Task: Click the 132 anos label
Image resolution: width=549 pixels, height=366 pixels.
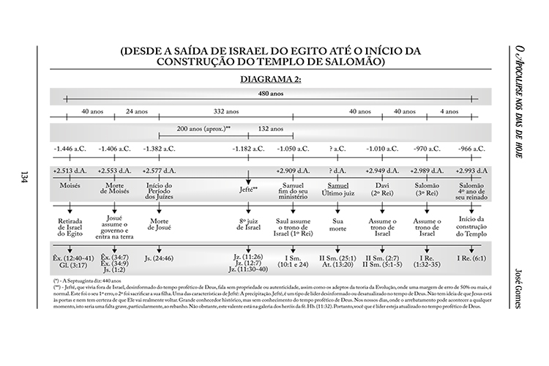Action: [x=272, y=127]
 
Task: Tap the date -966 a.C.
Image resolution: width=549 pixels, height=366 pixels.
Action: [x=471, y=149]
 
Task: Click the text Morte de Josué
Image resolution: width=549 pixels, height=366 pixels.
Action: [x=159, y=224]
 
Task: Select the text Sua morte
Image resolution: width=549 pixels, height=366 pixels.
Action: [x=338, y=223]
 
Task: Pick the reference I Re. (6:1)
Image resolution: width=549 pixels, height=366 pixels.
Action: [x=471, y=257]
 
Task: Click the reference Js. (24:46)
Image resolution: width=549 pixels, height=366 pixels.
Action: [x=159, y=257]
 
